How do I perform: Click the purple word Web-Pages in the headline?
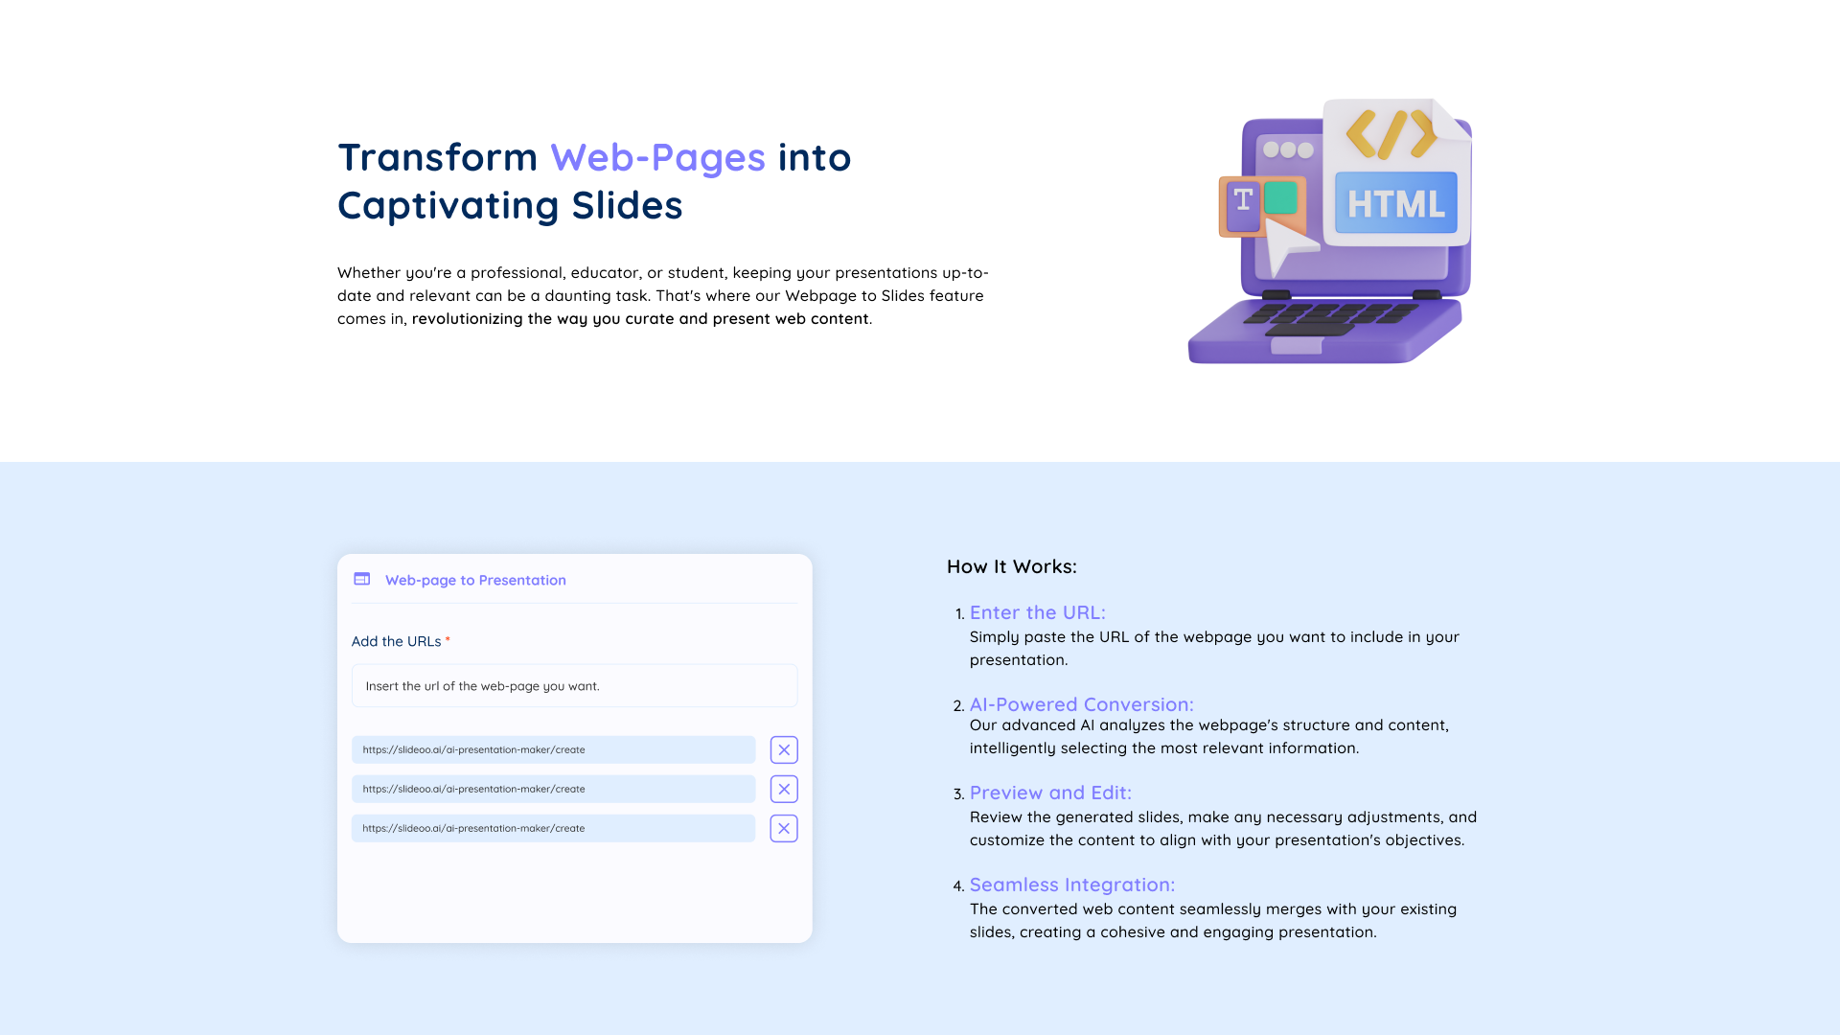click(657, 158)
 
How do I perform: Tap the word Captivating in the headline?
click(448, 206)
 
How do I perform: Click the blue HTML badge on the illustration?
click(1395, 203)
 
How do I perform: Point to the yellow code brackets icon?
click(1391, 133)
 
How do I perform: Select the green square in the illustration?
click(1280, 198)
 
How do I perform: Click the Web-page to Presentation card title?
click(475, 580)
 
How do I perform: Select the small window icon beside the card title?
click(362, 579)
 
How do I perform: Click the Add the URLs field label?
click(396, 641)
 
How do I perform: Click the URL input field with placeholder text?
click(574, 686)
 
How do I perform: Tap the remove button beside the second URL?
click(784, 789)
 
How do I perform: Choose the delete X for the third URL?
click(784, 828)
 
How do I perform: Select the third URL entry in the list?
click(553, 828)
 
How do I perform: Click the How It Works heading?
click(1012, 566)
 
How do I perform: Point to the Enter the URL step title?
click(1038, 612)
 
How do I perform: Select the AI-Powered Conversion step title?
click(1082, 704)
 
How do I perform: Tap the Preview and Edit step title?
click(1050, 793)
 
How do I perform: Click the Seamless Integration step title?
click(1072, 885)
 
